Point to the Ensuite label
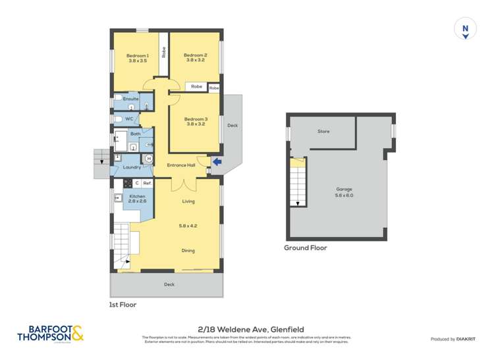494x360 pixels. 130,99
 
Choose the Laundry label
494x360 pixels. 132,168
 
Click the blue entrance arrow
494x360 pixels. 218,161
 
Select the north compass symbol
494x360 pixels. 465,30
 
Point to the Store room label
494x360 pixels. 323,132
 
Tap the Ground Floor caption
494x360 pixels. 306,248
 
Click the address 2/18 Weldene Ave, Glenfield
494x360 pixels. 246,329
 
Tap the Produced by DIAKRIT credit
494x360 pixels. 454,339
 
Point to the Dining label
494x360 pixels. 188,250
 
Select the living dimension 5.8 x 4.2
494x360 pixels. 188,226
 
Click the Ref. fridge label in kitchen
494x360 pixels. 147,182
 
